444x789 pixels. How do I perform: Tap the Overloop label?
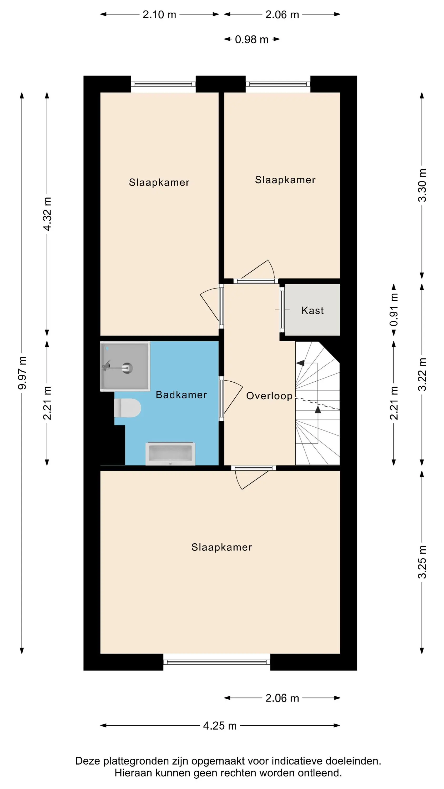tap(269, 396)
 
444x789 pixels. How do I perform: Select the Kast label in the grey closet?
tap(312, 310)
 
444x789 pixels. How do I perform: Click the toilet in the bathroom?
tap(127, 408)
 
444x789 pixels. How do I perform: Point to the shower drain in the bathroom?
tap(127, 368)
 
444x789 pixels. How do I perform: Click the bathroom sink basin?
tap(170, 453)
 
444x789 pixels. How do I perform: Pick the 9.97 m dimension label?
tap(22, 373)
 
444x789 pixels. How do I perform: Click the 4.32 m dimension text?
tap(47, 214)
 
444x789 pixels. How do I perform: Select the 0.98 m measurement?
tap(251, 39)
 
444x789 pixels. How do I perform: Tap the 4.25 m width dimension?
tap(220, 726)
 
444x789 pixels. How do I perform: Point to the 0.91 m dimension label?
tap(394, 310)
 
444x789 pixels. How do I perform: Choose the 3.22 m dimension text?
tap(422, 374)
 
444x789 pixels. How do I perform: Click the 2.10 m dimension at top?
tap(159, 14)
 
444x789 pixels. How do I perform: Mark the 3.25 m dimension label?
tap(422, 562)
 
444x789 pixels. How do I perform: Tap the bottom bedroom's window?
tap(217, 662)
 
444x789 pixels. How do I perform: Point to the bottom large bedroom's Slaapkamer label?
tap(221, 547)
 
